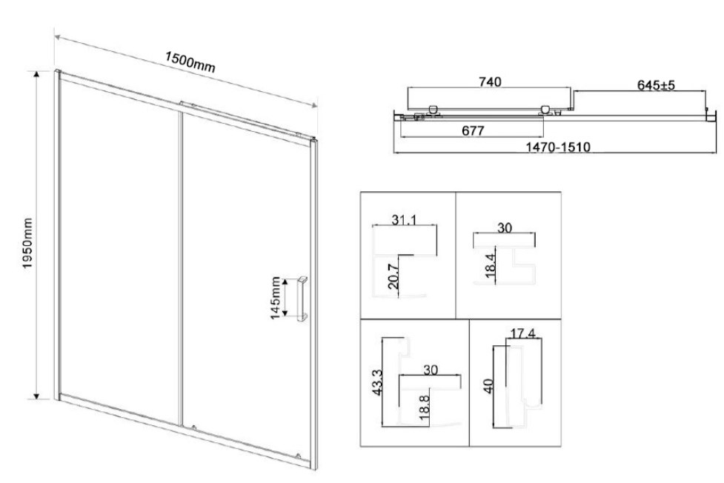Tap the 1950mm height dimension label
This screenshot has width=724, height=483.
[x=27, y=243]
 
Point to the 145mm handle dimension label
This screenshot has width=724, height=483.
[x=275, y=297]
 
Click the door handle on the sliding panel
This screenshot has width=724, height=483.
[x=302, y=298]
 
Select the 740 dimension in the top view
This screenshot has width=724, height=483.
[x=490, y=81]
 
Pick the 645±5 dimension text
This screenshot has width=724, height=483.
[x=656, y=85]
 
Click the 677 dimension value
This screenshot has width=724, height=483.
[x=474, y=130]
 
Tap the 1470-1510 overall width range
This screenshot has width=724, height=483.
[x=558, y=147]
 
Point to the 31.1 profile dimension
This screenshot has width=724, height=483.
[x=404, y=219]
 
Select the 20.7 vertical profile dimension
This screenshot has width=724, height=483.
[x=393, y=276]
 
